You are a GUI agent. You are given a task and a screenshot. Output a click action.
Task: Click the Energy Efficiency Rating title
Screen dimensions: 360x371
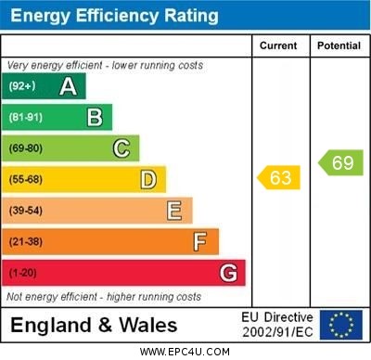tap(114, 16)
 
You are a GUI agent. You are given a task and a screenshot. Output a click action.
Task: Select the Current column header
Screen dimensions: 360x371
tap(278, 45)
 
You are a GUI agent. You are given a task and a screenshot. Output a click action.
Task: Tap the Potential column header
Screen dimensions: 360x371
tap(339, 45)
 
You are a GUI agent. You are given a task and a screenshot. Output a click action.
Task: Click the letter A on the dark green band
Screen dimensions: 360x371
tap(68, 86)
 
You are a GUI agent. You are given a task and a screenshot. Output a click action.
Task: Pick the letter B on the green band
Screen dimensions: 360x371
tap(95, 117)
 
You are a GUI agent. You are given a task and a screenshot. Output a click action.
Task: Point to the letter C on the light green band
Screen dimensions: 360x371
tap(122, 148)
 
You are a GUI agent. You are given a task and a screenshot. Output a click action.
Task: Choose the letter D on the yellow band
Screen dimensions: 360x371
tap(148, 179)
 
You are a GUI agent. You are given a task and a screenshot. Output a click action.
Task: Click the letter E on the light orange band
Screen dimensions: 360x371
tap(174, 211)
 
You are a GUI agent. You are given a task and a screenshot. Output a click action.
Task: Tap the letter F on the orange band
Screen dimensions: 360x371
tap(200, 241)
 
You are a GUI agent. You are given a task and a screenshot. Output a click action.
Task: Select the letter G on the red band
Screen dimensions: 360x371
tap(228, 273)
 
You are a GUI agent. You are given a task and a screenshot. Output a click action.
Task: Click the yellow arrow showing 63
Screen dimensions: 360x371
tap(279, 176)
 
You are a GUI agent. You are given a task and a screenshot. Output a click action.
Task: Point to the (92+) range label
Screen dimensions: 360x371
tap(22, 86)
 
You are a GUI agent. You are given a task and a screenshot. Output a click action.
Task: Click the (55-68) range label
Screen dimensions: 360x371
tap(26, 179)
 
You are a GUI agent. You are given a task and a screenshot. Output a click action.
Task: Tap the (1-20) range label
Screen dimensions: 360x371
tap(23, 273)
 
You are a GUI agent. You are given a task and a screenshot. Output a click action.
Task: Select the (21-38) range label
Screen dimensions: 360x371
tap(26, 241)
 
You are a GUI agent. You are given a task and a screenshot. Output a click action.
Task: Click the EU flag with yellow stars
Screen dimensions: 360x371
tap(341, 325)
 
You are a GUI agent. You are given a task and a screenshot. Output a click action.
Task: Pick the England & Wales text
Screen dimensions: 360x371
tap(94, 325)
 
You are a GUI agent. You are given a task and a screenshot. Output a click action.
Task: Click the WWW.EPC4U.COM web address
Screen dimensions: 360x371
tap(185, 352)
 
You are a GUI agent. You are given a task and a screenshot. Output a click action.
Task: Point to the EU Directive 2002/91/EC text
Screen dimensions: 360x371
tap(277, 325)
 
